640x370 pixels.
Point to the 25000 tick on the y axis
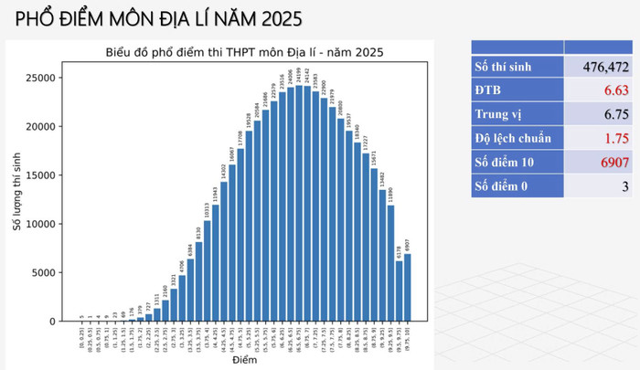coord(43,78)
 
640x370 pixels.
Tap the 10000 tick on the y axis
coord(43,224)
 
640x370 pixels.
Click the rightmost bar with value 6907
coord(408,288)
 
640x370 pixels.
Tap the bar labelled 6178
coord(400,291)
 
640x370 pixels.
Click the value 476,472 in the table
coord(598,67)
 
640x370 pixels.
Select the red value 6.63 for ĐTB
coord(613,90)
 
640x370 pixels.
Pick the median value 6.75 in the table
coord(613,114)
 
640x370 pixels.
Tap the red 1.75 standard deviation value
coord(613,138)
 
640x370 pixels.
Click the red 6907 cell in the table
coord(607,162)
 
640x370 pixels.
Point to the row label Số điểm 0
coord(507,186)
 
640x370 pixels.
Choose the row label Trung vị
coord(502,114)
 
